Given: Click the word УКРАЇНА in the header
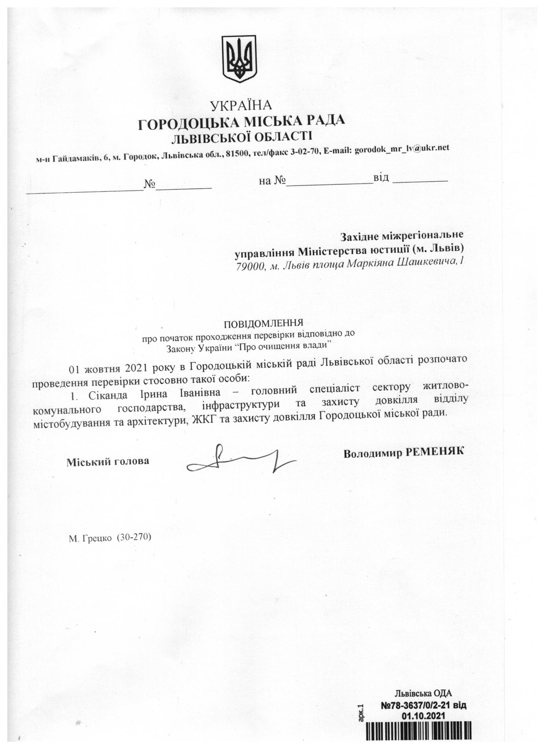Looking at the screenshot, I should (x=241, y=106).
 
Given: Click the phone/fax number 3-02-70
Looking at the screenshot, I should (x=306, y=152).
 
